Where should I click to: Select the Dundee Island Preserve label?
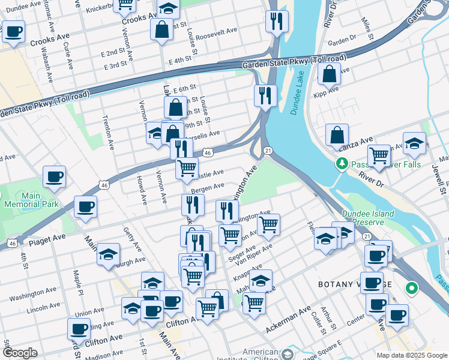368,217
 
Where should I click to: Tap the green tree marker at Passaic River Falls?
342,163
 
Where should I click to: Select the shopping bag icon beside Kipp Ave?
330,75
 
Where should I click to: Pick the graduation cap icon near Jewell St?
414,144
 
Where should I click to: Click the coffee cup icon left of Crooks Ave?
13,32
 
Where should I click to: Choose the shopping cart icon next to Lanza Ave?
379,156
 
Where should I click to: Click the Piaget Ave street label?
47,239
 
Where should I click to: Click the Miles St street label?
367,26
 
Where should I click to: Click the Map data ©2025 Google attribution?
411,355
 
